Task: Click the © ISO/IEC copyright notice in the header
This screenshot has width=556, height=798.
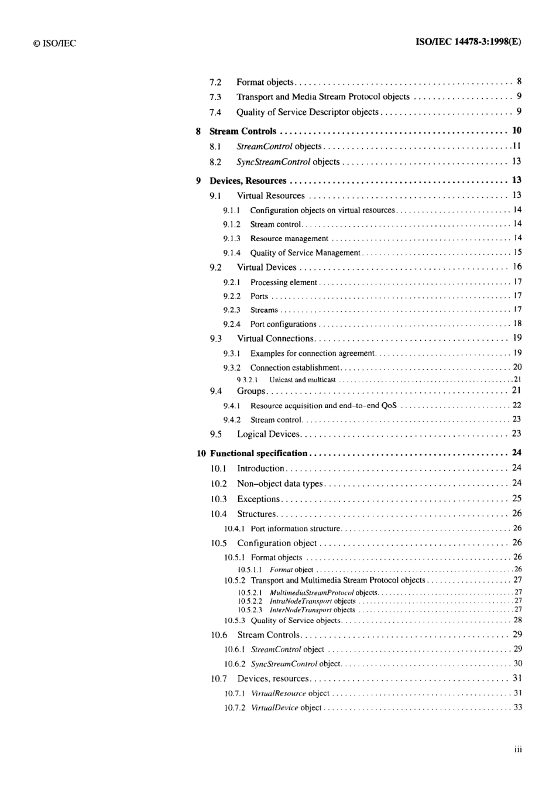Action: click(x=54, y=43)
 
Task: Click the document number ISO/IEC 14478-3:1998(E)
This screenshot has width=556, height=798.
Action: click(x=468, y=42)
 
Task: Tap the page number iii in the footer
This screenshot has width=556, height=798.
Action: click(x=518, y=749)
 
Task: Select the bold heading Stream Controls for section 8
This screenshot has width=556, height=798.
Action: click(x=243, y=131)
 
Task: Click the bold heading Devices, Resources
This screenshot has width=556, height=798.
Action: click(x=248, y=181)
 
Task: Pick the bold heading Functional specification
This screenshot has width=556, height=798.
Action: click(x=259, y=453)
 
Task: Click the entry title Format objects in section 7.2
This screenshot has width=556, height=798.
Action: click(x=265, y=83)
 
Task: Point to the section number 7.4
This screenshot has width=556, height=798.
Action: click(x=215, y=112)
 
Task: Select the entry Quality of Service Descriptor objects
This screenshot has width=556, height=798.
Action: click(x=307, y=112)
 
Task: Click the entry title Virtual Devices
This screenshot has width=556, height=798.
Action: click(x=267, y=268)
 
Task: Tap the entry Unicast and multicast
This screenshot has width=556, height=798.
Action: click(x=303, y=380)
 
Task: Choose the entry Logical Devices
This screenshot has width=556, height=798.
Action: click(x=268, y=434)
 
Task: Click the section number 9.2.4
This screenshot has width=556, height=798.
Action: click(x=231, y=324)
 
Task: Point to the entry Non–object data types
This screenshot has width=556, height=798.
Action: click(x=280, y=484)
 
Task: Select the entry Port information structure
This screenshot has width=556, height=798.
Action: click(x=296, y=529)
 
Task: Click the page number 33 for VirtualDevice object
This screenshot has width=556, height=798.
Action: click(x=518, y=707)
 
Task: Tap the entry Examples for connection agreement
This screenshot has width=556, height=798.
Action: click(x=312, y=354)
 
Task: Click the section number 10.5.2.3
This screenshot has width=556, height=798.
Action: click(x=250, y=610)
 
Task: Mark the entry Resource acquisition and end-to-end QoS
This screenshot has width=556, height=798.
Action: click(x=323, y=406)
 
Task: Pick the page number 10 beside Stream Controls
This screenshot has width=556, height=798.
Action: click(x=517, y=131)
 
